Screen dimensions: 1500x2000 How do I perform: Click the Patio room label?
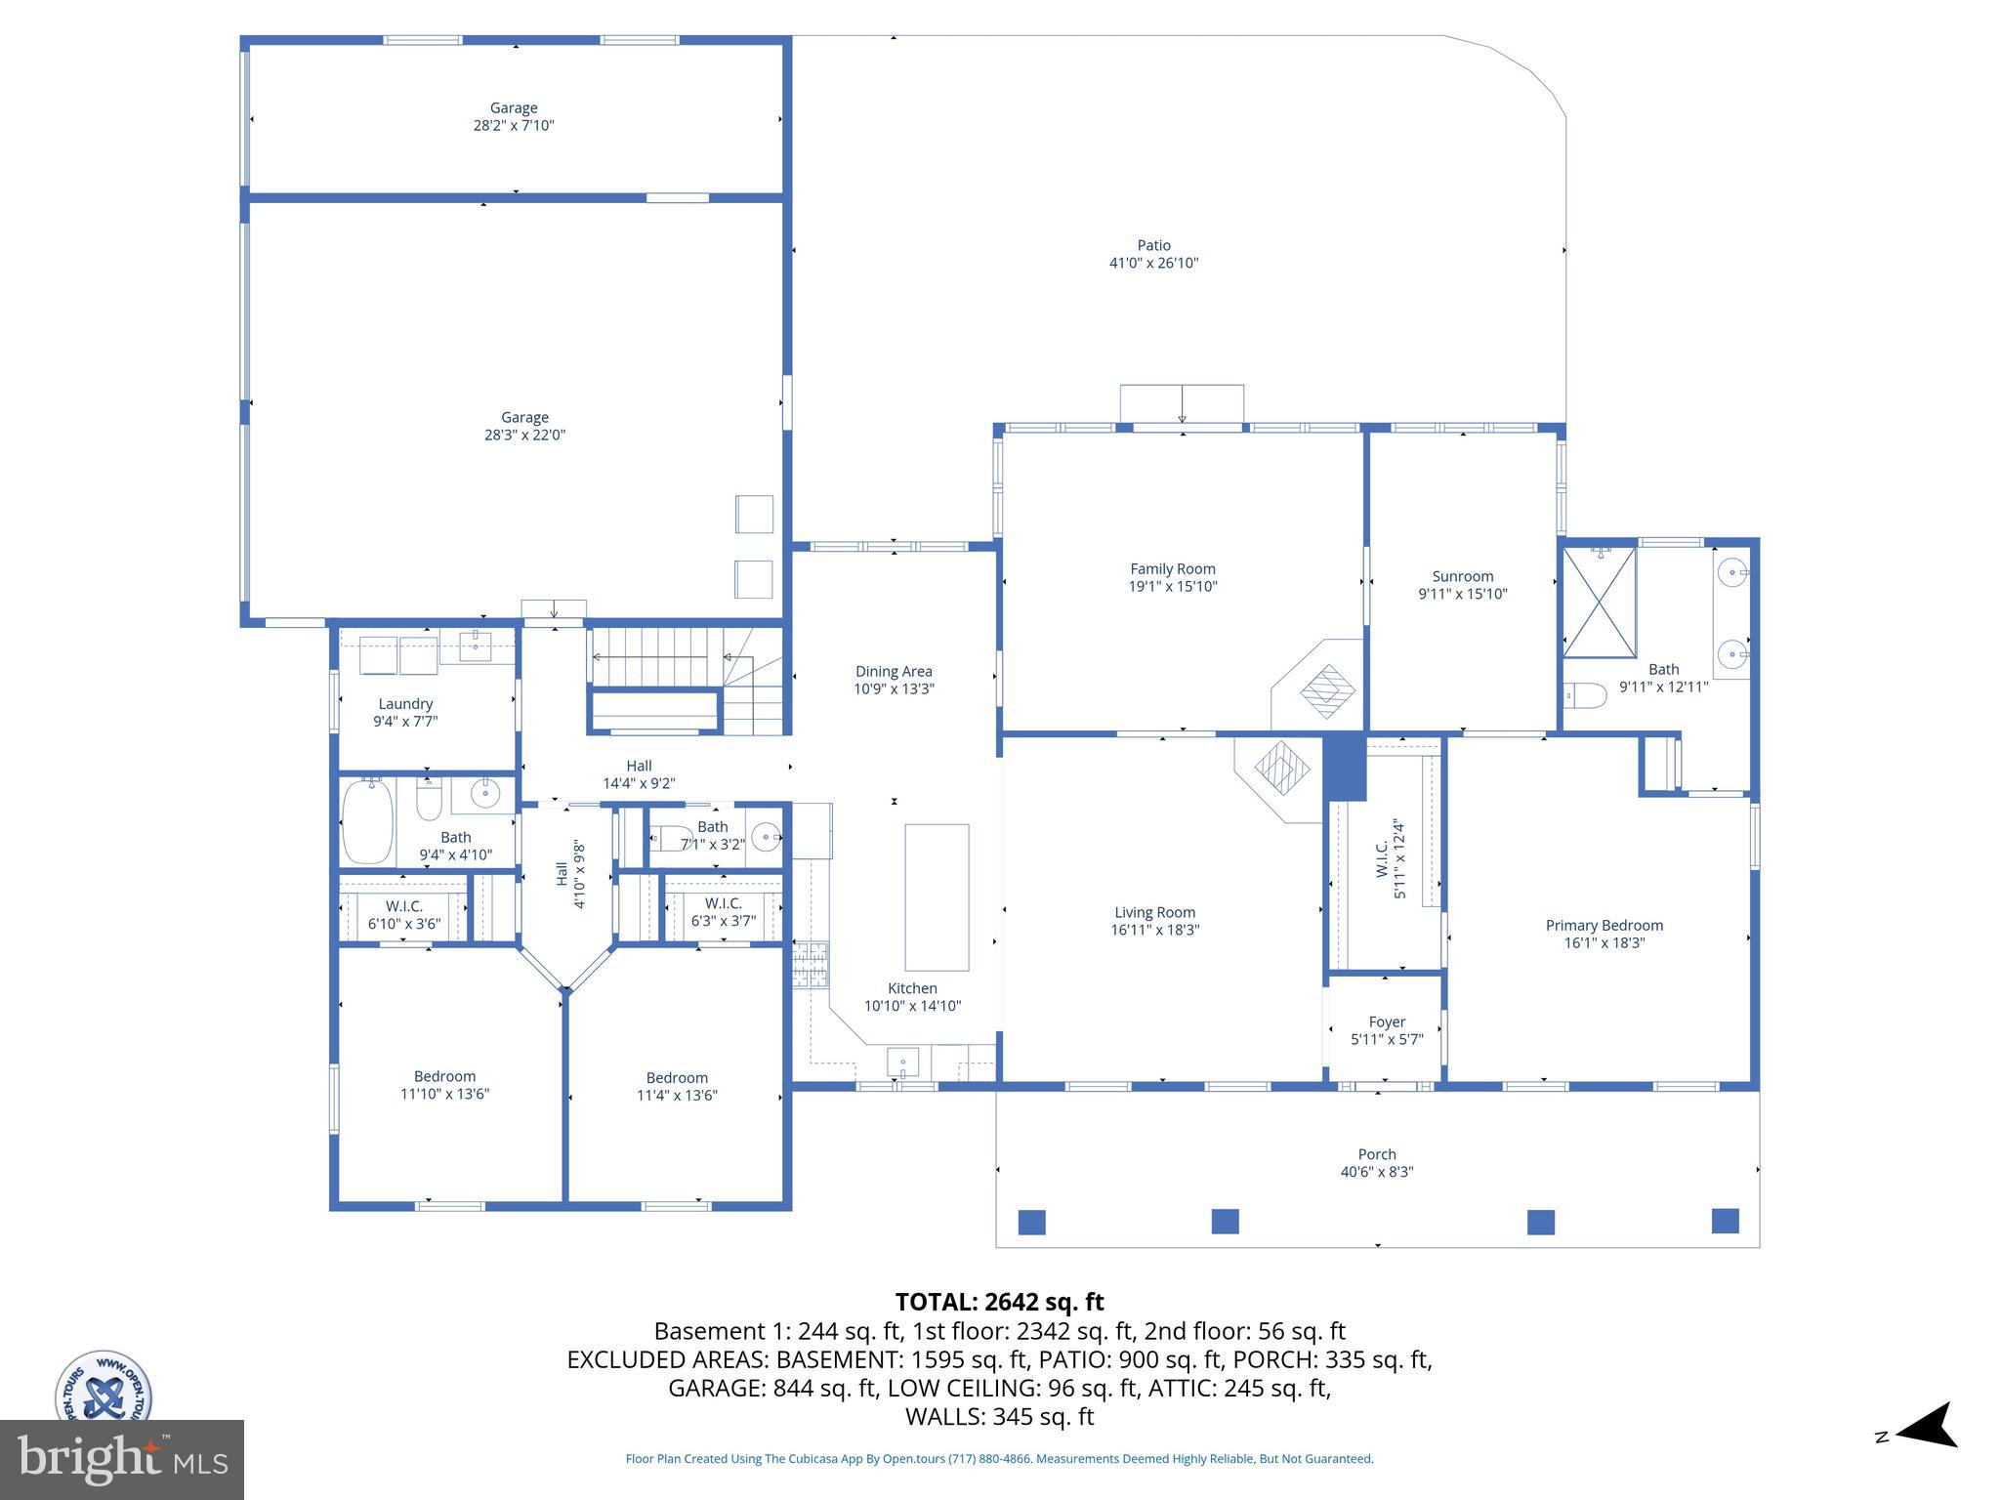coord(1153,245)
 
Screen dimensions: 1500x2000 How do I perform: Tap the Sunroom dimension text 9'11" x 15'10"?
coord(1463,594)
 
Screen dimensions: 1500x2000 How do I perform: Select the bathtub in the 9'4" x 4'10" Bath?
coord(368,820)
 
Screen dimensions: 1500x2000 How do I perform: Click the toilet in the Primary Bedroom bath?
coord(1586,696)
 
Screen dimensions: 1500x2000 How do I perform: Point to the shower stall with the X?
coord(1599,603)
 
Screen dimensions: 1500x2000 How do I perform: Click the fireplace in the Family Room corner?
coord(1327,690)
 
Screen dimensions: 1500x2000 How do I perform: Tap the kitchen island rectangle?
coord(937,896)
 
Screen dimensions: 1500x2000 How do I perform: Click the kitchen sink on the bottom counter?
coord(902,1062)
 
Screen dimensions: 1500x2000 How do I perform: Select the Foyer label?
coord(1387,1021)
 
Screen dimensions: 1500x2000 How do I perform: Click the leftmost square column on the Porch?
coord(1032,1222)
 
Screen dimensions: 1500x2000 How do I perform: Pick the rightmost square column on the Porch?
coord(1726,1221)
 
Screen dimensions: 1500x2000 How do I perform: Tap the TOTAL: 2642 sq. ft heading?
coord(999,1302)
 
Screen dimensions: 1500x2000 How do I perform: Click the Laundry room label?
coord(405,703)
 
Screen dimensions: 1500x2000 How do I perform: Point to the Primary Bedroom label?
coord(1604,925)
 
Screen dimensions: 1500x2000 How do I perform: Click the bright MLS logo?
coord(122,1460)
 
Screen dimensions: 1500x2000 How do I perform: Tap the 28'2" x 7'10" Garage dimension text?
coord(514,126)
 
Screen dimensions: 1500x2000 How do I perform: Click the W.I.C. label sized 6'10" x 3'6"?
coord(404,905)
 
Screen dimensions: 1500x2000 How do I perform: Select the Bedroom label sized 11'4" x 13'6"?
coord(677,1078)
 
